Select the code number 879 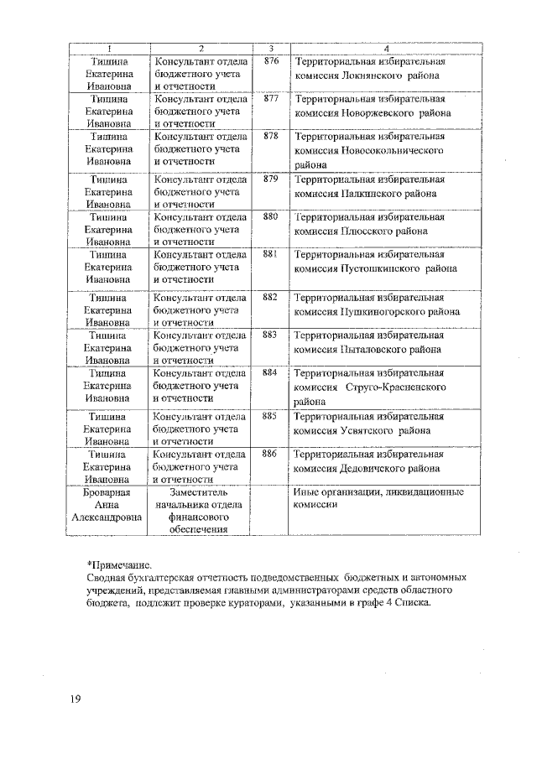[270, 179]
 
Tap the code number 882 [270, 297]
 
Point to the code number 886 [270, 453]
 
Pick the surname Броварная [107, 492]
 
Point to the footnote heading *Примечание [121, 566]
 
